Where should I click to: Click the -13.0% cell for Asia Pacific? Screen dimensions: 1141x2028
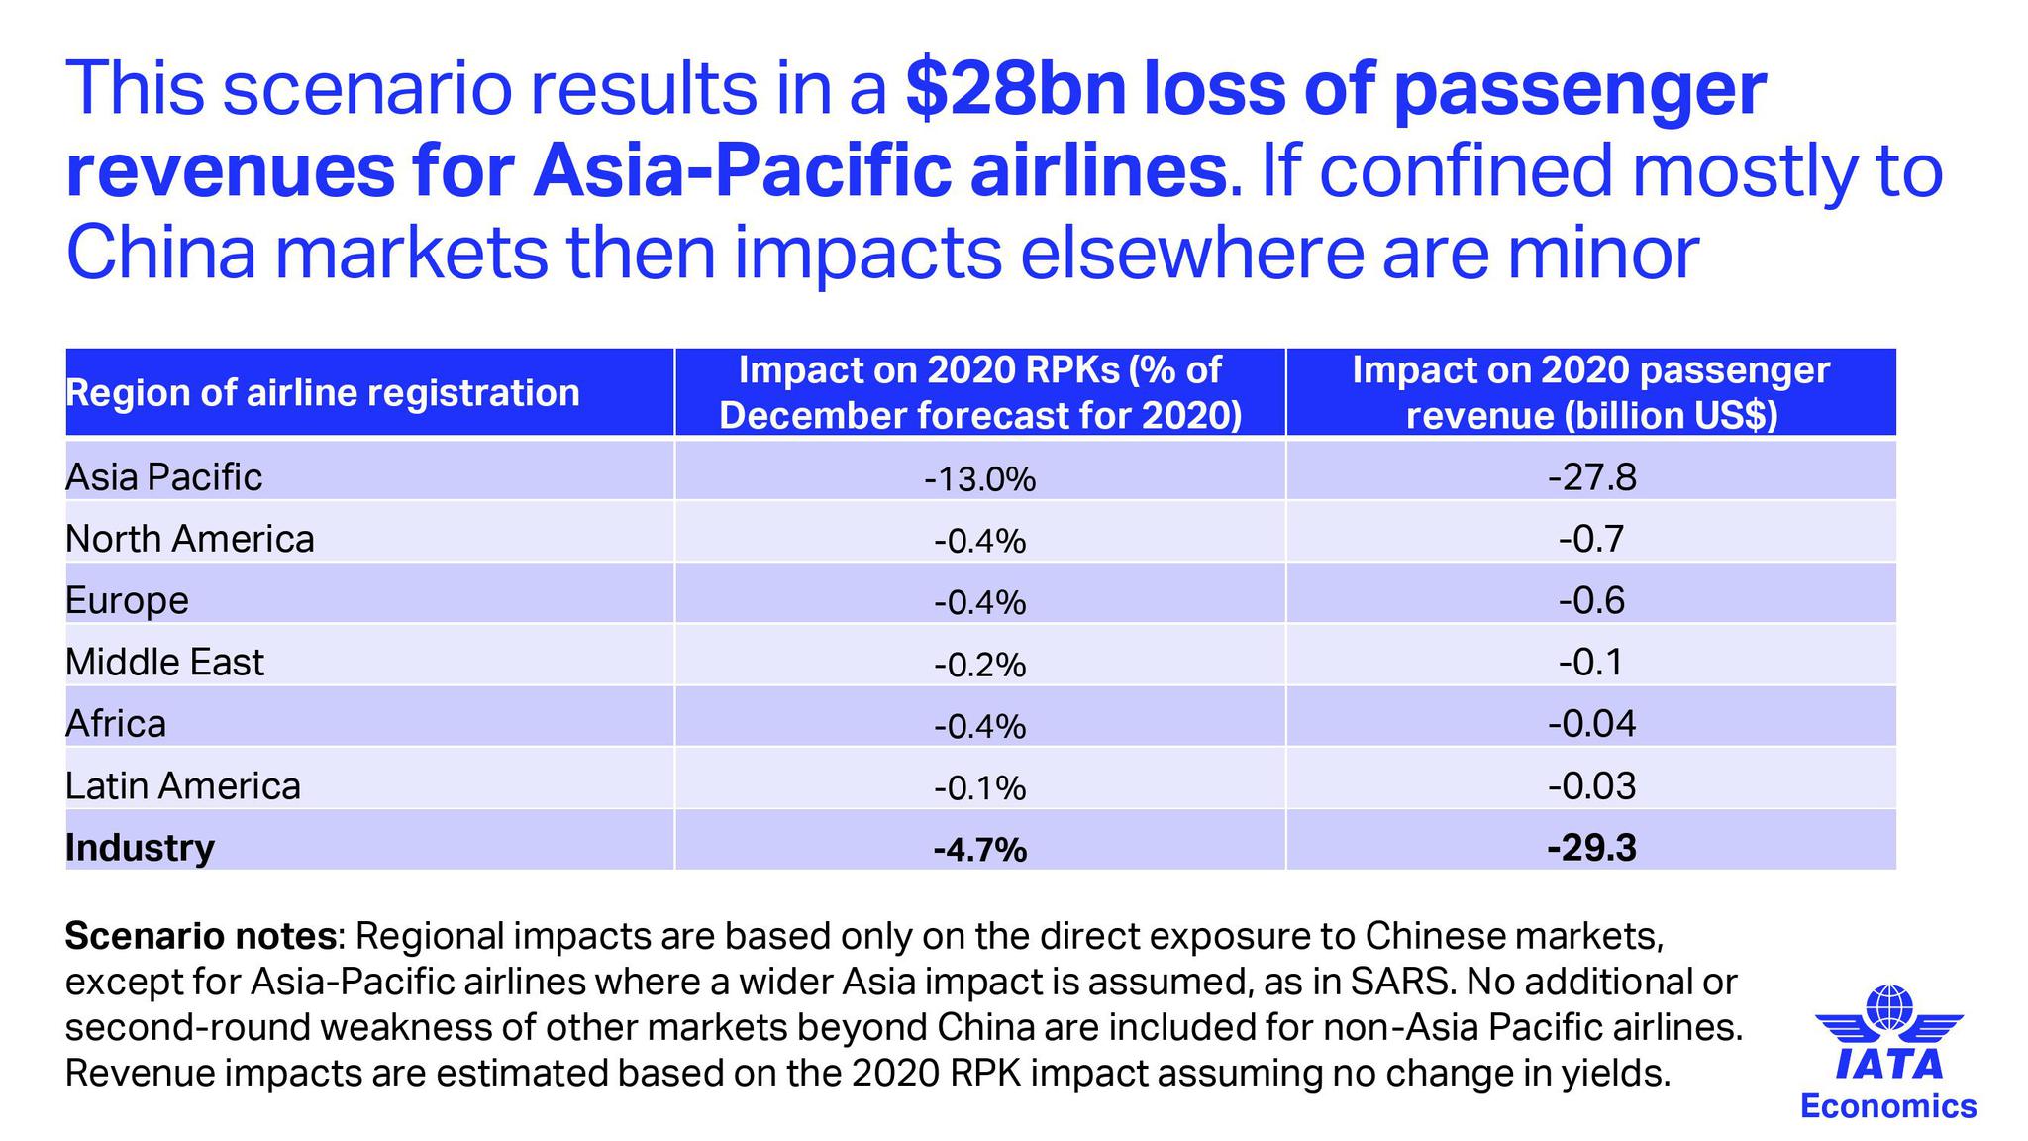[979, 479]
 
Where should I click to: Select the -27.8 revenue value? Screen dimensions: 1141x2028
[1591, 477]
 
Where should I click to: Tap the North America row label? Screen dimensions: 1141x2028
[189, 539]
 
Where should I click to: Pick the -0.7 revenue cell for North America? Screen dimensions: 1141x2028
[1591, 539]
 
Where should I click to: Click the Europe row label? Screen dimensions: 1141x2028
[127, 600]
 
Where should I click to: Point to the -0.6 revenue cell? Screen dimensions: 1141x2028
[1591, 600]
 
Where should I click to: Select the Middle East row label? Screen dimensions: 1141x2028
[164, 662]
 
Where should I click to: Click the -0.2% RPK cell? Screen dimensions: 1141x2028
[979, 665]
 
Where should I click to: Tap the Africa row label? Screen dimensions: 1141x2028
[116, 724]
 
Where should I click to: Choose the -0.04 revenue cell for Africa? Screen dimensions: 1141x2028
[1591, 724]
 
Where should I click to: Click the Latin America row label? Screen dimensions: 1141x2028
[182, 785]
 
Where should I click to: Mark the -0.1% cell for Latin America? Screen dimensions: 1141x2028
[979, 788]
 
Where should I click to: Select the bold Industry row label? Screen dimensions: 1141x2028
[140, 848]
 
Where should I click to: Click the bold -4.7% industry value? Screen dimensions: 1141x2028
[979, 850]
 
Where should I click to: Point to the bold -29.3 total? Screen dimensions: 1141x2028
[1591, 848]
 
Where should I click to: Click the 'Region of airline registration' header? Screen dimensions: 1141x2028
[322, 393]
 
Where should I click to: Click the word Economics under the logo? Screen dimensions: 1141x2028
[1888, 1105]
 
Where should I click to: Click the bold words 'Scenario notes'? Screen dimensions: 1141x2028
[200, 934]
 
